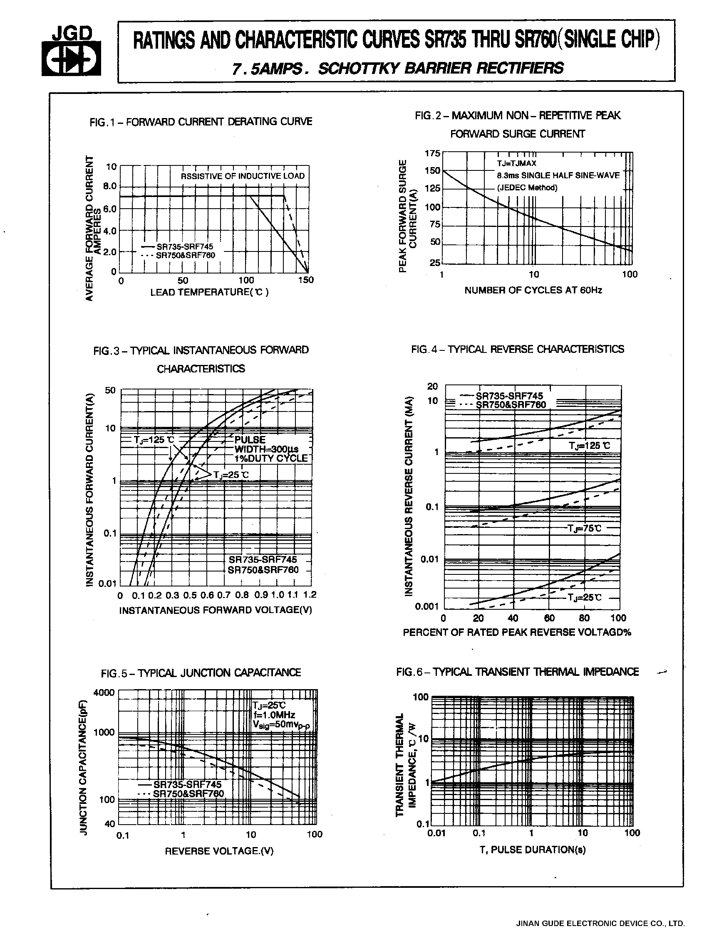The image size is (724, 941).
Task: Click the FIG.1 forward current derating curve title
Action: pos(201,122)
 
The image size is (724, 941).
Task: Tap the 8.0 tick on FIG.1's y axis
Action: pos(109,186)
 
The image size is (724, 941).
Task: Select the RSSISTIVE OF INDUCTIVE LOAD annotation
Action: pos(243,176)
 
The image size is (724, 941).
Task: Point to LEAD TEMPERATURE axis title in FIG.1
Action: pos(209,292)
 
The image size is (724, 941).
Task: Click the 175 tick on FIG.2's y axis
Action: pos(432,153)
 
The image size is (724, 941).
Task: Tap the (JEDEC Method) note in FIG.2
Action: pos(527,188)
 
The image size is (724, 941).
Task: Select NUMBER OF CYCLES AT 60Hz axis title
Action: pos(533,290)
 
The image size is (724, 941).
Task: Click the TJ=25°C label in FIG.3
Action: pos(231,475)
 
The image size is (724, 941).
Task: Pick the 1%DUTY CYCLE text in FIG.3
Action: pos(271,458)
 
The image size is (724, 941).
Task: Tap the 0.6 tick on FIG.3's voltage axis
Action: pos(207,595)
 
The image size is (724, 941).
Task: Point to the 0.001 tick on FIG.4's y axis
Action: pos(426,606)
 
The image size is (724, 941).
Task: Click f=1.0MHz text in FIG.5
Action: pos(275,715)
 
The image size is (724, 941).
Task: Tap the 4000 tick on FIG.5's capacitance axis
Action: pos(104,692)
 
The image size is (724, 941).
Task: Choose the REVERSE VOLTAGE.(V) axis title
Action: pos(219,851)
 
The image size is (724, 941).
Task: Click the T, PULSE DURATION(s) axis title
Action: pos(533,849)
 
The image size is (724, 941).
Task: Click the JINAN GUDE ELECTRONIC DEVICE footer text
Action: pos(600,924)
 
